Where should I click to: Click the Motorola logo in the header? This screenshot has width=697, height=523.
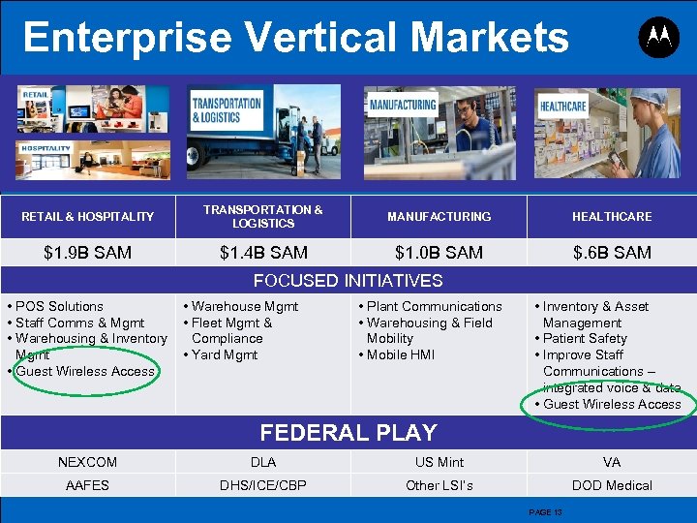[x=658, y=38]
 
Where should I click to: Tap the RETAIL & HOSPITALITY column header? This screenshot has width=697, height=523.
[x=88, y=217]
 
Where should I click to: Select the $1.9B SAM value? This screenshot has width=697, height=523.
[x=88, y=253]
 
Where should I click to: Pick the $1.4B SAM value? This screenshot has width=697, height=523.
[x=263, y=253]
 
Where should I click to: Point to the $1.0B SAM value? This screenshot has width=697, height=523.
[x=439, y=253]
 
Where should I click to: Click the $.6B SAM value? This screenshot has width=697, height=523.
[x=611, y=253]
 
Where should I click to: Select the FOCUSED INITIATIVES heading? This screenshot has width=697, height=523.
[x=348, y=281]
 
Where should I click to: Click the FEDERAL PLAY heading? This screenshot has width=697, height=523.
[x=348, y=433]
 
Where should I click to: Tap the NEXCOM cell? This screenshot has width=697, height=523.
[x=87, y=462]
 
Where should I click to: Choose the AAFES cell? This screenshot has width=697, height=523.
[x=87, y=485]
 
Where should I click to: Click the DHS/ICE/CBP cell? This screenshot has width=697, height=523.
[x=263, y=485]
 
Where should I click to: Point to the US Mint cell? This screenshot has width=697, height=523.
[x=439, y=462]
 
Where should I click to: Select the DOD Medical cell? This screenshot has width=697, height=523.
[x=612, y=485]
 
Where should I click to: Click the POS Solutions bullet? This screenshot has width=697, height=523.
[x=60, y=306]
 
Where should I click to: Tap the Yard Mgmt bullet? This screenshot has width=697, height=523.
[x=225, y=354]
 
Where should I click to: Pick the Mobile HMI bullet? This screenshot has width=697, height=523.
[x=401, y=354]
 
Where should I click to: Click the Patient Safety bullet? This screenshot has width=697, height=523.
[x=585, y=339]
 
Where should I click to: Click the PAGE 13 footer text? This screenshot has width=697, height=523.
[x=545, y=511]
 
